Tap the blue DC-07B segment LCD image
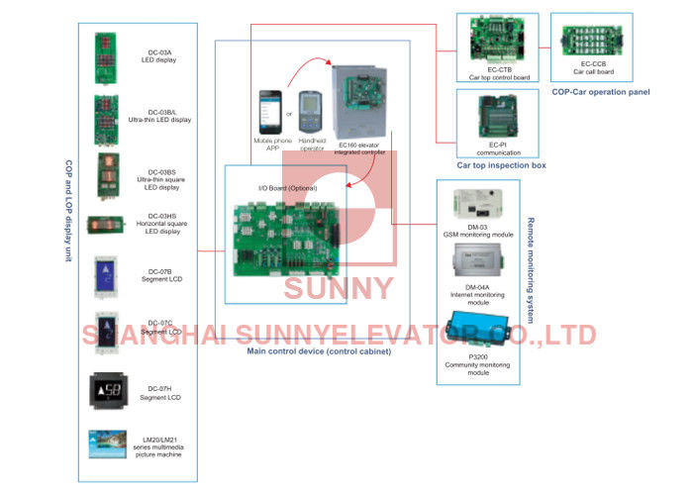pyautogui.click(x=105, y=274)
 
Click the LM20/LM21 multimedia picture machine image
pyautogui.click(x=105, y=445)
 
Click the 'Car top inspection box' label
pyautogui.click(x=500, y=165)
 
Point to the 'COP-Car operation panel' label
pyautogui.click(x=600, y=91)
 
